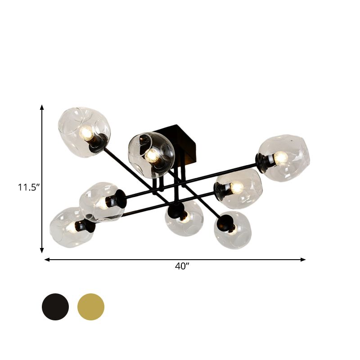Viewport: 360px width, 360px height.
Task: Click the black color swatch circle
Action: (x=55, y=306)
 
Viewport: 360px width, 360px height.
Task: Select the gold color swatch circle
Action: (x=91, y=306)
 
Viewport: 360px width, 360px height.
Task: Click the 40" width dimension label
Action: (x=181, y=266)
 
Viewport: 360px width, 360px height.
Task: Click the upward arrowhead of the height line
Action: (x=42, y=107)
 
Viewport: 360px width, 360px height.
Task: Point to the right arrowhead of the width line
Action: (x=304, y=259)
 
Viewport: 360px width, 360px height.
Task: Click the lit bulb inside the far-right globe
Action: (x=280, y=157)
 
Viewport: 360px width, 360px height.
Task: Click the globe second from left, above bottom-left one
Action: (x=101, y=201)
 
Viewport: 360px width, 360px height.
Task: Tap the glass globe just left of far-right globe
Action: (x=238, y=188)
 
